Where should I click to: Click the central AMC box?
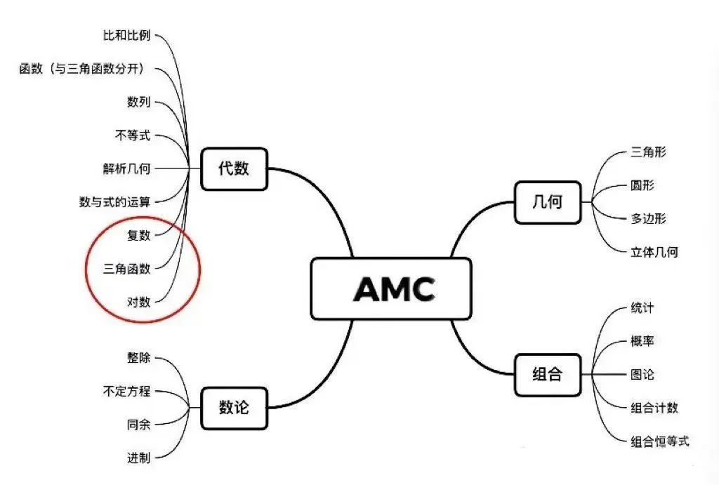click(391, 288)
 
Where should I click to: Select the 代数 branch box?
click(234, 168)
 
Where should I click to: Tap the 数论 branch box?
click(234, 407)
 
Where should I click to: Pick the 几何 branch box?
click(548, 203)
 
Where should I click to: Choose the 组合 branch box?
click(548, 374)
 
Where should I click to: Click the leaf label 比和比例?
click(126, 35)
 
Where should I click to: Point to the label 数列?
click(138, 102)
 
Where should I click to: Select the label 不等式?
click(133, 135)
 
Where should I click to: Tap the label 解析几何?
click(126, 168)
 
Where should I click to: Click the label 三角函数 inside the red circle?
click(126, 268)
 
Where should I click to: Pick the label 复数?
click(138, 235)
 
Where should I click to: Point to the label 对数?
click(138, 303)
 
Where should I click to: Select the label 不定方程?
click(126, 391)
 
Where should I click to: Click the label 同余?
click(138, 424)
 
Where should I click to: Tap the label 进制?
click(138, 458)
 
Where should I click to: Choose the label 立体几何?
click(654, 252)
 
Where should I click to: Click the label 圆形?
click(642, 186)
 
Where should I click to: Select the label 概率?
click(642, 341)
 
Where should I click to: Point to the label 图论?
click(642, 374)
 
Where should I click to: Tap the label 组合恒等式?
click(660, 441)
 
